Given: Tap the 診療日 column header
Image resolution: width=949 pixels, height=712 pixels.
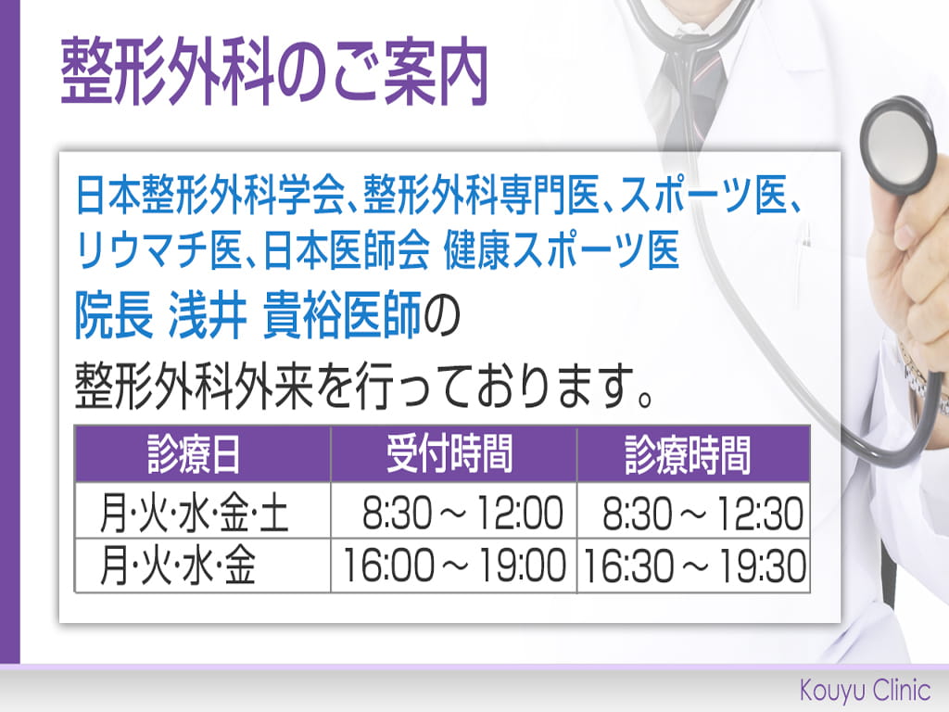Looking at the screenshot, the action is (194, 454).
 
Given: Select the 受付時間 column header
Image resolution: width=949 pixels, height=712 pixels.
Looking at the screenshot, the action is (449, 454).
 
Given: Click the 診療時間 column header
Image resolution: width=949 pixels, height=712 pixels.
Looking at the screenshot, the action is (689, 454).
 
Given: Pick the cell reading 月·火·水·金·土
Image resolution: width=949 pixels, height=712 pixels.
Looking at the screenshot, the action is (194, 512).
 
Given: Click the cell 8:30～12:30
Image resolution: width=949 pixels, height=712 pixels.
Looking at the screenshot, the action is (703, 512).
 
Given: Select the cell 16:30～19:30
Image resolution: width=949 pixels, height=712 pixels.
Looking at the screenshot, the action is (694, 565).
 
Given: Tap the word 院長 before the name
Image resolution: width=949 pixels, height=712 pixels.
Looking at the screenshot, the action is (114, 315).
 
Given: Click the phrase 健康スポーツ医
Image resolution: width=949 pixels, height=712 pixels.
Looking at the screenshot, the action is (562, 249).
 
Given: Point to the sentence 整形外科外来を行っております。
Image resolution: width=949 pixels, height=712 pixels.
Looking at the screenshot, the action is (364, 386).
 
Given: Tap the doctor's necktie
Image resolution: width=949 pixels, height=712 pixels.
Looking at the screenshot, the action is (690, 84).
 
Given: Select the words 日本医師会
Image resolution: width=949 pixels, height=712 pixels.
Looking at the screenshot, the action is (347, 249).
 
